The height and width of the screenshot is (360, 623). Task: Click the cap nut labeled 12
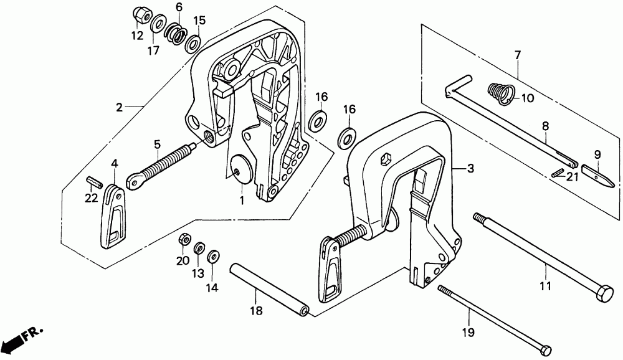(140, 14)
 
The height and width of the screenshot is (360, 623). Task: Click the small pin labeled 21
(558, 173)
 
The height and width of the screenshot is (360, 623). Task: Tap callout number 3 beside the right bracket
(471, 168)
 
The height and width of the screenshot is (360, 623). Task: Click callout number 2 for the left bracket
(119, 107)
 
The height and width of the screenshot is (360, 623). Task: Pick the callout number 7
(516, 57)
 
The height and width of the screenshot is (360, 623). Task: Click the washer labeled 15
(193, 42)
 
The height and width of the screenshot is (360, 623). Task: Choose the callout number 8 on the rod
(545, 126)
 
